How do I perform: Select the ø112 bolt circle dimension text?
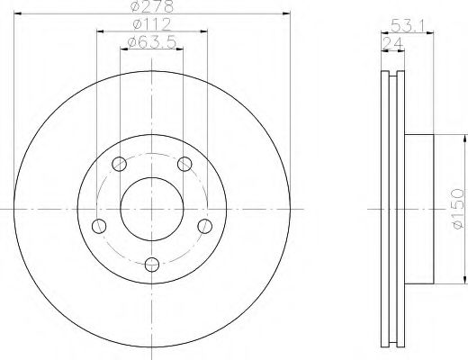149,25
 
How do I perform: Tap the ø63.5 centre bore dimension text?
150,41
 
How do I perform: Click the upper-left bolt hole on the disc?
120,163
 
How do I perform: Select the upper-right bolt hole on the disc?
184,163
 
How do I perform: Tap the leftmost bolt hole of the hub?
100,224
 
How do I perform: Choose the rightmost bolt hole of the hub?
204,224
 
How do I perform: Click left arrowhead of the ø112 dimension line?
98,31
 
